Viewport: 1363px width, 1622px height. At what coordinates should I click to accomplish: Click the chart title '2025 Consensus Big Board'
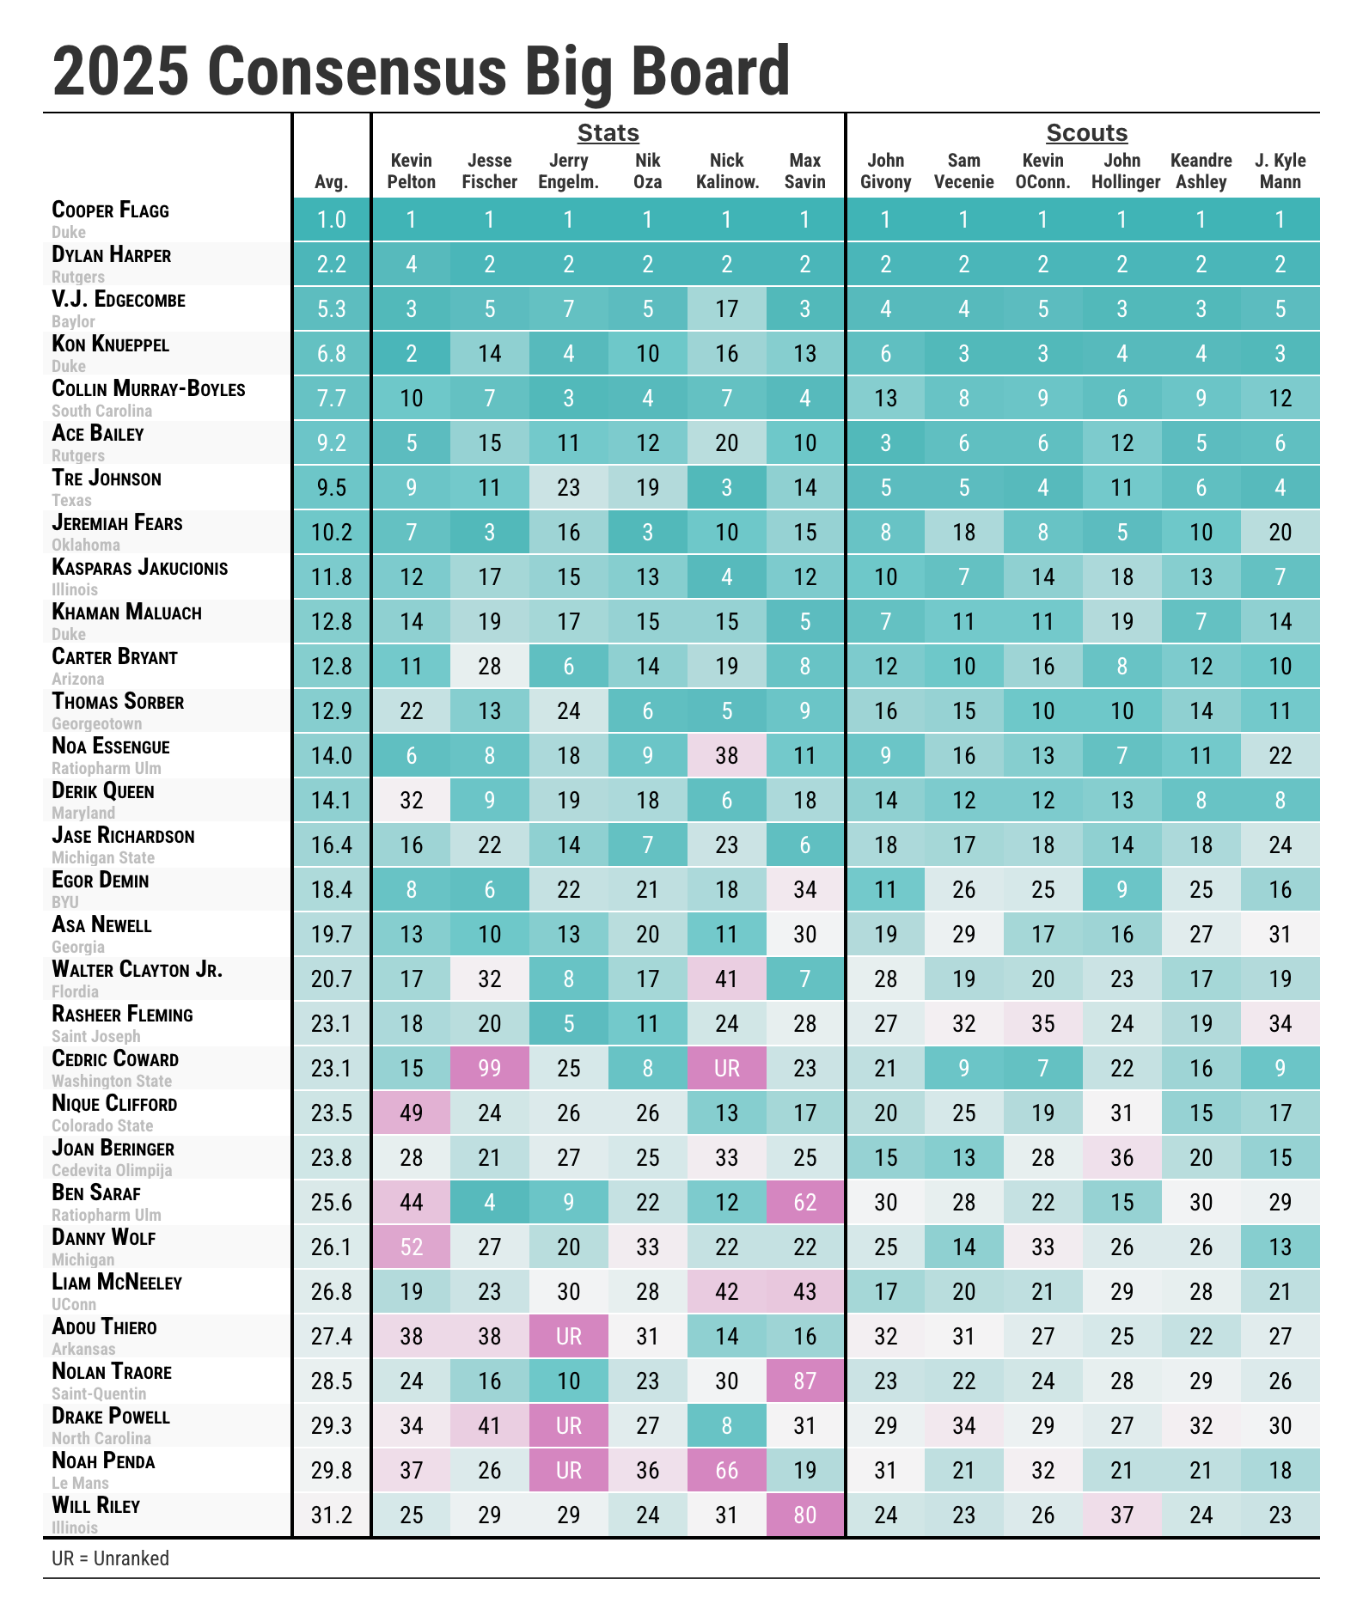coord(421,72)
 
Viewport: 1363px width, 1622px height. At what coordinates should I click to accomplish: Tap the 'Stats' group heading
coord(608,133)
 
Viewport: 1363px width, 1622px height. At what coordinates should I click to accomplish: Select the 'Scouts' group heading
coord(1086,133)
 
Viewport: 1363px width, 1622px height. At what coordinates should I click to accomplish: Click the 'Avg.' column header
coord(332,181)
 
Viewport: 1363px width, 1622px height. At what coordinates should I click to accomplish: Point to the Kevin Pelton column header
coord(412,171)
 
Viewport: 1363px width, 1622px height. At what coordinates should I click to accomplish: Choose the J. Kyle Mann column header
coord(1280,171)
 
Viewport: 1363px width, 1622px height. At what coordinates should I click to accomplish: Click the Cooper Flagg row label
coord(111,210)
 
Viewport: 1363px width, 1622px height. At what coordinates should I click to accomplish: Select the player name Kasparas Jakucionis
coord(140,568)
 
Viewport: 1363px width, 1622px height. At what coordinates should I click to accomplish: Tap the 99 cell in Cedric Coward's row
coord(490,1069)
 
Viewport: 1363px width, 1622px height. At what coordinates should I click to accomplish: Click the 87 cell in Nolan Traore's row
coord(805,1381)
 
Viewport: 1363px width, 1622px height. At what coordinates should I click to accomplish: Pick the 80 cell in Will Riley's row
coord(805,1515)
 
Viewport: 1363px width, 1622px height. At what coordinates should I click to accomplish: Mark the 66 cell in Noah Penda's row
coord(727,1471)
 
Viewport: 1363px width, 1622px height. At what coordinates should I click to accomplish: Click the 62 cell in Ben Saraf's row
coord(805,1203)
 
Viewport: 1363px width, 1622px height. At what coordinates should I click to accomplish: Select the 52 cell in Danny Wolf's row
coord(412,1247)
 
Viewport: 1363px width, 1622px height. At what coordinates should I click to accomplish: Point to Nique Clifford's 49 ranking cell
coord(412,1113)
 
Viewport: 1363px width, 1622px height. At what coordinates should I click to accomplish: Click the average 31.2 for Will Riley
coord(332,1515)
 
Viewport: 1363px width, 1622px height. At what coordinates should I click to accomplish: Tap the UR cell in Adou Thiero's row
coord(569,1337)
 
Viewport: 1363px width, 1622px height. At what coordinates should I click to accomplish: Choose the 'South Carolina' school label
coord(102,412)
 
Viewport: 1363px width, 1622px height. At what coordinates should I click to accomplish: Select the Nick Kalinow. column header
coord(727,171)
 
